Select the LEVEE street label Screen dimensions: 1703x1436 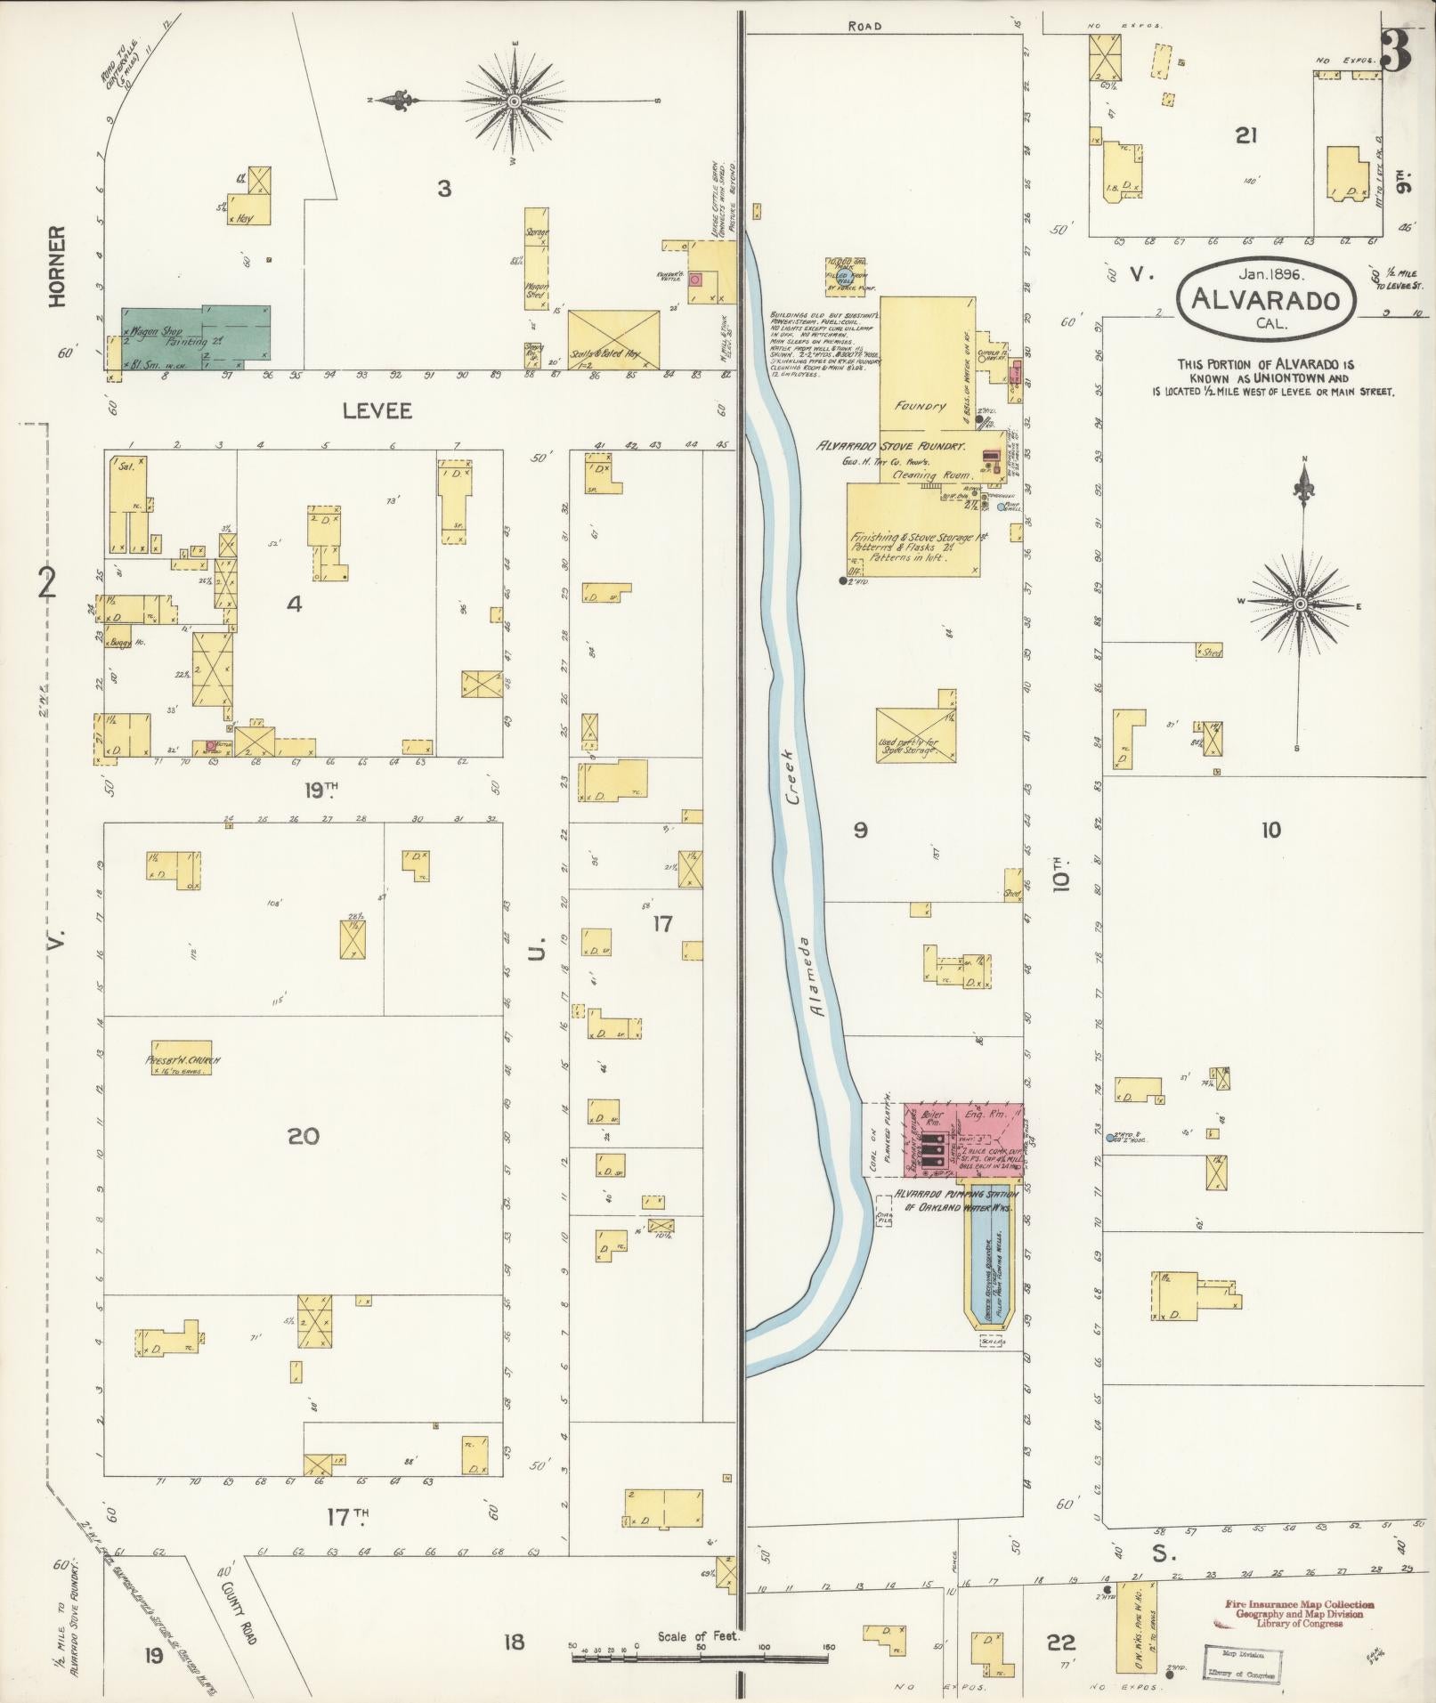(378, 410)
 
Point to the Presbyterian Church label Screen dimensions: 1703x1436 (183, 1060)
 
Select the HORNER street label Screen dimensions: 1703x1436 (59, 267)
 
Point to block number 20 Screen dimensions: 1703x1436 (303, 1136)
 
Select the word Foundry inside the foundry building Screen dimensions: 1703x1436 (921, 406)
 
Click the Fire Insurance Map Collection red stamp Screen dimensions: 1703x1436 (1298, 1604)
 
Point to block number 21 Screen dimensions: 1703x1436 (1245, 135)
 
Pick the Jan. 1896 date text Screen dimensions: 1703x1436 (1267, 274)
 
